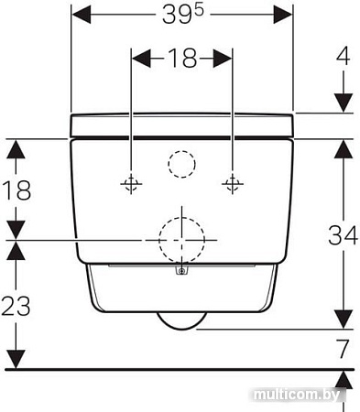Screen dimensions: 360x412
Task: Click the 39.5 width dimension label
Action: click(x=182, y=15)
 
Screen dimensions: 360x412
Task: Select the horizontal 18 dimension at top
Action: click(x=182, y=58)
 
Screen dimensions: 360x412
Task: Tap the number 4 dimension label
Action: click(x=344, y=56)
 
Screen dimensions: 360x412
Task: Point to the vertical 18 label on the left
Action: click(x=16, y=190)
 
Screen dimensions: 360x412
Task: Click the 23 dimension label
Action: click(x=16, y=306)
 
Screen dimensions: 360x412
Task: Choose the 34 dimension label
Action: click(x=343, y=234)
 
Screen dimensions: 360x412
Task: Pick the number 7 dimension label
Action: click(x=343, y=349)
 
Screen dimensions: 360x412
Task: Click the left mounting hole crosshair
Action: click(x=131, y=184)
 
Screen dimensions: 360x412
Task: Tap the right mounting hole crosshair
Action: click(x=233, y=184)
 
